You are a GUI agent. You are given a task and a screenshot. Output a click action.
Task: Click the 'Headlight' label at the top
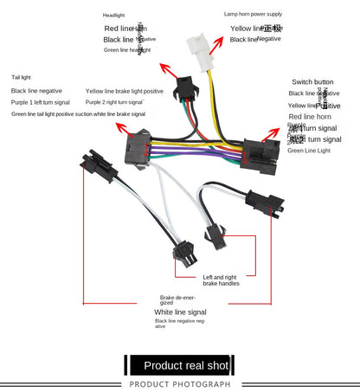tap(113, 16)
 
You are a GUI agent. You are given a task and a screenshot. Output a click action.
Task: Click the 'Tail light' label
tap(22, 77)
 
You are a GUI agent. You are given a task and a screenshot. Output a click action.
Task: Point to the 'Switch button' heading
tap(312, 80)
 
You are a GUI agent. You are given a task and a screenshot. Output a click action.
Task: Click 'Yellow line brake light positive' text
tap(124, 91)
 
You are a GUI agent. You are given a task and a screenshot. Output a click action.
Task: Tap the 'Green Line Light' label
tap(308, 151)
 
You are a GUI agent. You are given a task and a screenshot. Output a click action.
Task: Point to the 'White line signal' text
tap(180, 312)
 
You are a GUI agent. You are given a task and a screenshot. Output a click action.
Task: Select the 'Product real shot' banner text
tap(185, 365)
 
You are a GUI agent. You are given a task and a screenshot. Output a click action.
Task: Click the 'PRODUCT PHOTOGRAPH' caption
tap(180, 383)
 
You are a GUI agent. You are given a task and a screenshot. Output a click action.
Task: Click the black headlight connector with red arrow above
tap(183, 87)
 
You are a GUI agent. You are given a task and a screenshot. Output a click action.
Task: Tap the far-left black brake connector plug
tap(93, 164)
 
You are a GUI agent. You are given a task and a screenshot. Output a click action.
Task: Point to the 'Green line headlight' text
tap(127, 50)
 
